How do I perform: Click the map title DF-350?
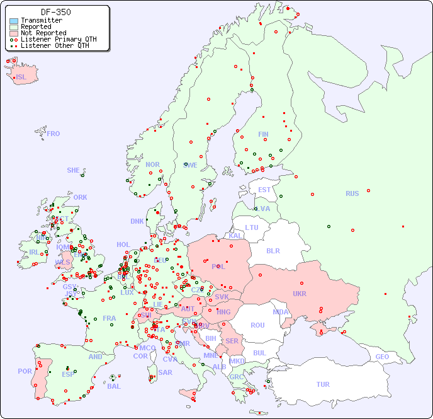point(55,12)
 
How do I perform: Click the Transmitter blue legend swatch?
point(14,21)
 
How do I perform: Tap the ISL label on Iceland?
point(21,77)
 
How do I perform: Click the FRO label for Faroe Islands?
point(53,134)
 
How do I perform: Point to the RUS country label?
point(352,193)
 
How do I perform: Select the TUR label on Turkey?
point(323,384)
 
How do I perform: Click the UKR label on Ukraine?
point(300,294)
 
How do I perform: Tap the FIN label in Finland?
point(263,134)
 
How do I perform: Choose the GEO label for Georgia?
point(382,357)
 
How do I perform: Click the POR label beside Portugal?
point(25,371)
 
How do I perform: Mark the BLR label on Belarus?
point(273,250)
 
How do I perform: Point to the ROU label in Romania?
point(257,325)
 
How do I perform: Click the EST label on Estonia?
point(264,190)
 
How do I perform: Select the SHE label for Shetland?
point(74,170)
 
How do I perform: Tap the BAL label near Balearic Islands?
point(114,386)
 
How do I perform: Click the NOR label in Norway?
point(152,164)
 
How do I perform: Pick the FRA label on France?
point(110,318)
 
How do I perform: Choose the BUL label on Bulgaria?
point(259,353)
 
